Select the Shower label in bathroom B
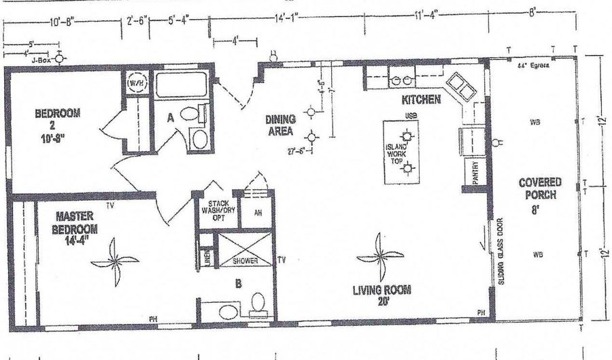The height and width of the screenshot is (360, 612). coord(245,259)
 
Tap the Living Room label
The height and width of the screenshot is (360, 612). coord(381,292)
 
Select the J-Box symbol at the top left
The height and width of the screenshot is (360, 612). coord(61,59)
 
